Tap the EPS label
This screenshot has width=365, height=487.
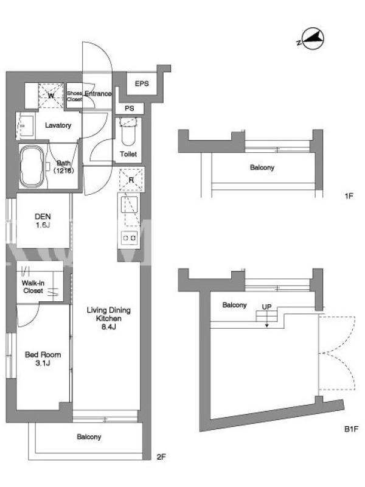point(142,83)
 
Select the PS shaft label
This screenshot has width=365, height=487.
point(130,108)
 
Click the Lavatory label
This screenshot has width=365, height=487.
point(58,125)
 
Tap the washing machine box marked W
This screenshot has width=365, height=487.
point(51,96)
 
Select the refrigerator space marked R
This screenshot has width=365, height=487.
point(131,180)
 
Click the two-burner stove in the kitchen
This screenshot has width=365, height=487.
point(130,238)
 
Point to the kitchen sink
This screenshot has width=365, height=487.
point(129,205)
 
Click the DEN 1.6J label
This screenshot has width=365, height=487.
point(43,220)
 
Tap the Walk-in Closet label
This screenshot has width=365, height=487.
point(33,287)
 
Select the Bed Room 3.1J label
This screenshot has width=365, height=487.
point(43,359)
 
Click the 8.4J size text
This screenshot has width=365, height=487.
point(109,326)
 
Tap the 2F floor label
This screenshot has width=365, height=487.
point(161,457)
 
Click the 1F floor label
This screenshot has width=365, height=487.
point(349,196)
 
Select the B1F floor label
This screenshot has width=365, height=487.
point(351,429)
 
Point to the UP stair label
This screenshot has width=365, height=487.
point(266,307)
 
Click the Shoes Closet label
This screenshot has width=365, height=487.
point(74,96)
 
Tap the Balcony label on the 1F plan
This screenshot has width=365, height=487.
point(262,168)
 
